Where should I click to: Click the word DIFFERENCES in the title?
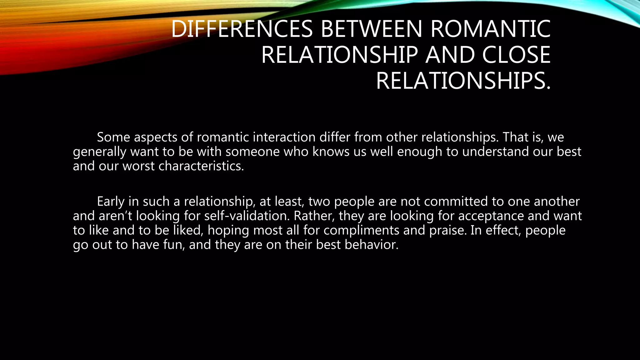[x=242, y=29]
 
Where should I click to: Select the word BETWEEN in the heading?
[x=372, y=29]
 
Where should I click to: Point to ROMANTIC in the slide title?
[x=490, y=29]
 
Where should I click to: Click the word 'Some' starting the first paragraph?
[x=113, y=137]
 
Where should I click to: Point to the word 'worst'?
[x=138, y=166]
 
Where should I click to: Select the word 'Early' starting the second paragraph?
[x=111, y=202]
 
